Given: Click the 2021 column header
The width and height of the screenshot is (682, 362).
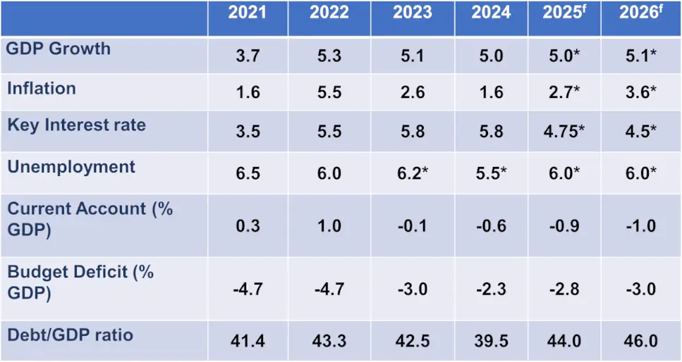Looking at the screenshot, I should [x=248, y=13].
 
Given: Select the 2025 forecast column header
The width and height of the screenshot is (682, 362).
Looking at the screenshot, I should [x=564, y=13].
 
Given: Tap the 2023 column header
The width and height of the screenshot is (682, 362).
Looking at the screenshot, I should [x=413, y=13].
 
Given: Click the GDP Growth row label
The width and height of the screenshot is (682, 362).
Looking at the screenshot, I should [x=59, y=49].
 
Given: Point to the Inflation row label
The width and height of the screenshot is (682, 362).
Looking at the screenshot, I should [x=42, y=89].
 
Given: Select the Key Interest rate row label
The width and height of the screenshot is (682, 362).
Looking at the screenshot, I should [x=76, y=125].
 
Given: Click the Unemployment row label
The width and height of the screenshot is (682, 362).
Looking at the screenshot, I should [x=71, y=167].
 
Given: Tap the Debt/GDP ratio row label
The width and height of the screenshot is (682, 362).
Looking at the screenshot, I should [x=70, y=335].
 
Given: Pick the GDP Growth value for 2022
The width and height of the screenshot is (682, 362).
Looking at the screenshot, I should [x=329, y=56].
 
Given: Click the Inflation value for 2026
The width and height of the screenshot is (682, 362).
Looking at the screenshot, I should [x=638, y=92].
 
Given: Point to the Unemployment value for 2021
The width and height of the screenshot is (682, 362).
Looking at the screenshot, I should [x=248, y=173].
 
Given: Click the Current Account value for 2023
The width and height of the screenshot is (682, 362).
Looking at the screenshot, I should [x=413, y=226].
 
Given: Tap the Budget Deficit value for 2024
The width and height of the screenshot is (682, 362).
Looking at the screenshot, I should [x=491, y=289].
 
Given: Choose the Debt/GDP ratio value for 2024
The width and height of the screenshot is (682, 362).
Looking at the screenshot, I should [x=491, y=341].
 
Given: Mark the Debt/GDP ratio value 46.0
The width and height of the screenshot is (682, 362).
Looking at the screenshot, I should [x=638, y=341].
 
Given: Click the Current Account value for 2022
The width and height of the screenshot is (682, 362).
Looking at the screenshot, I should [x=329, y=226].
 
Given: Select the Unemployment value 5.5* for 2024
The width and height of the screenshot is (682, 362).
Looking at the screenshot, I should [x=491, y=173].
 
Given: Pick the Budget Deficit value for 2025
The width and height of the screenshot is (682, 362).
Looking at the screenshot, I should [x=564, y=289].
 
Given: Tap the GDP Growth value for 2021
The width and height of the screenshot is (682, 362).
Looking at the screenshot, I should [x=248, y=56].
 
